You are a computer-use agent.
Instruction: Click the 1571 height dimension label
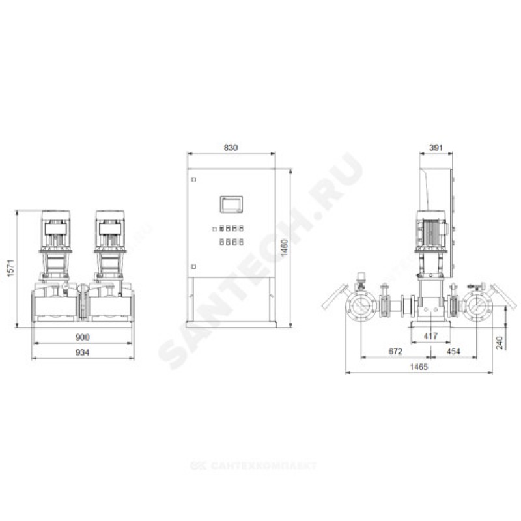tap(10, 268)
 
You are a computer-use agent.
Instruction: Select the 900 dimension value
tap(83, 337)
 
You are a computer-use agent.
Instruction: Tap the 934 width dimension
tap(83, 352)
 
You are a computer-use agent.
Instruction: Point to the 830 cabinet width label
tap(231, 148)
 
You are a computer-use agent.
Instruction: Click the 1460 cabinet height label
tap(285, 247)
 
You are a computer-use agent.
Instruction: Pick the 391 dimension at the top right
tap(436, 148)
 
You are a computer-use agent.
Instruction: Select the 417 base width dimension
tap(430, 336)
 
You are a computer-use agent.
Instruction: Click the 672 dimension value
tap(395, 351)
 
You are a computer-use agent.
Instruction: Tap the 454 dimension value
tap(453, 351)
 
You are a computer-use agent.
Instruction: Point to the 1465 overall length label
tap(419, 367)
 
